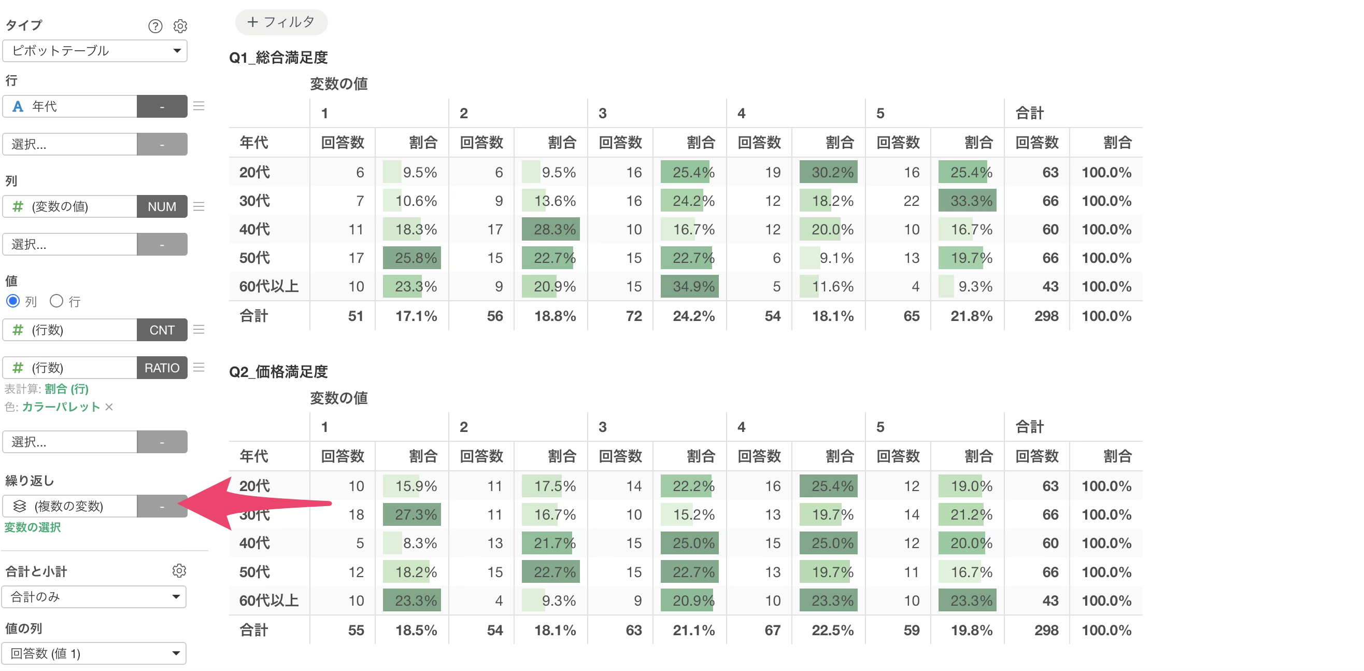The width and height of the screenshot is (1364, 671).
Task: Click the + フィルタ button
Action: tap(281, 22)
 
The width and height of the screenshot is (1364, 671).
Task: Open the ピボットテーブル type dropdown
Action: tap(95, 51)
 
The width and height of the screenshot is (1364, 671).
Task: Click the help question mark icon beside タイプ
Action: tap(155, 26)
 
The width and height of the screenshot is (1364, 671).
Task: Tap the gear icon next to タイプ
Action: tap(180, 26)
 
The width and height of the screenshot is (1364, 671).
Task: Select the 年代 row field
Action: tap(70, 106)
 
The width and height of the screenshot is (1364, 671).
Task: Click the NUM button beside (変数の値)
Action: tap(162, 206)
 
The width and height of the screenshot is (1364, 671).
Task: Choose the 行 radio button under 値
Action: tap(56, 301)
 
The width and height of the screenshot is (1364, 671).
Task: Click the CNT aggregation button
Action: tap(162, 330)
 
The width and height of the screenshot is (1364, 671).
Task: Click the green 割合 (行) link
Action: tap(67, 388)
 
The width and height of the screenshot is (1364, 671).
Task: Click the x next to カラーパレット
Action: tap(109, 407)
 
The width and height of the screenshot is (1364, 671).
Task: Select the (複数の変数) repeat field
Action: tap(70, 506)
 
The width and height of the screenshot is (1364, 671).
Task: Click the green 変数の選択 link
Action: tap(32, 527)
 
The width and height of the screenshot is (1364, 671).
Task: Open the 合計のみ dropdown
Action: tap(94, 597)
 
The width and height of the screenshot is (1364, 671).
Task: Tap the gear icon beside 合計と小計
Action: tap(179, 570)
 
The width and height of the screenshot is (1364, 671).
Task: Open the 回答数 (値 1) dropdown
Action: tap(94, 653)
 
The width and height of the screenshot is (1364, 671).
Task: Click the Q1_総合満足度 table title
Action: tap(278, 57)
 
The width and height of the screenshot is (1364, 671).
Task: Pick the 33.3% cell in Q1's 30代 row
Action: tap(968, 200)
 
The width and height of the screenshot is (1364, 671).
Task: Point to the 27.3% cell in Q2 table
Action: tap(412, 514)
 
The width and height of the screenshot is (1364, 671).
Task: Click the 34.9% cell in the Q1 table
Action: tap(689, 286)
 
